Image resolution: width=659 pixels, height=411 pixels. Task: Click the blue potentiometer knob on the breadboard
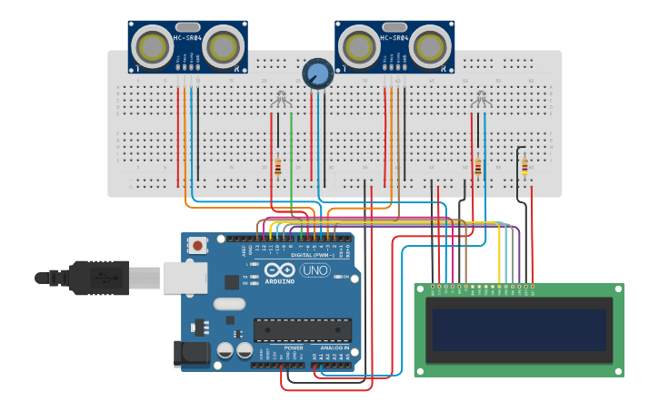click(317, 73)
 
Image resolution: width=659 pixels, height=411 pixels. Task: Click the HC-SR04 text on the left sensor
click(187, 38)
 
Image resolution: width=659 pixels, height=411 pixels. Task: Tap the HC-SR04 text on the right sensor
click(394, 38)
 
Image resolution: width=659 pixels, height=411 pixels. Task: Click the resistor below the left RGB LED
click(278, 167)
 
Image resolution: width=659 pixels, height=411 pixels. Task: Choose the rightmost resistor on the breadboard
click(524, 165)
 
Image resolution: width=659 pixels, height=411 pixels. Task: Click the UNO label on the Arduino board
click(315, 270)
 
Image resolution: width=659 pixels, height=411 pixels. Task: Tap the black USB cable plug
click(101, 278)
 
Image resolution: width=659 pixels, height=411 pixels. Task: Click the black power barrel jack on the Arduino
click(191, 355)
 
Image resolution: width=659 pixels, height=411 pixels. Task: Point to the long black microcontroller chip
click(302, 330)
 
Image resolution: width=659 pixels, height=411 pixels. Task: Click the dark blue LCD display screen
click(518, 330)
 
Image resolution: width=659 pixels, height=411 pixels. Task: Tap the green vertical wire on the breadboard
click(291, 154)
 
